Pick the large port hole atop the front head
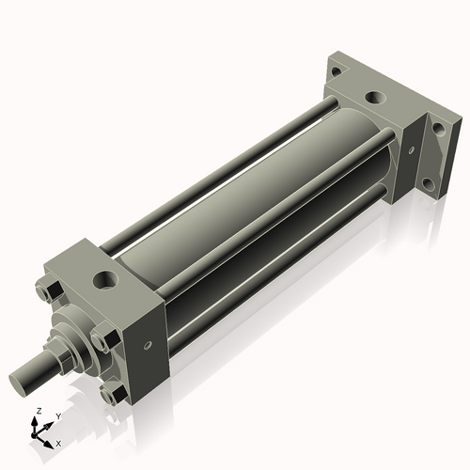[103, 279]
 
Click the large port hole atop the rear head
[375, 97]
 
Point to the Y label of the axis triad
[57, 415]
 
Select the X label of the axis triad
[59, 442]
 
